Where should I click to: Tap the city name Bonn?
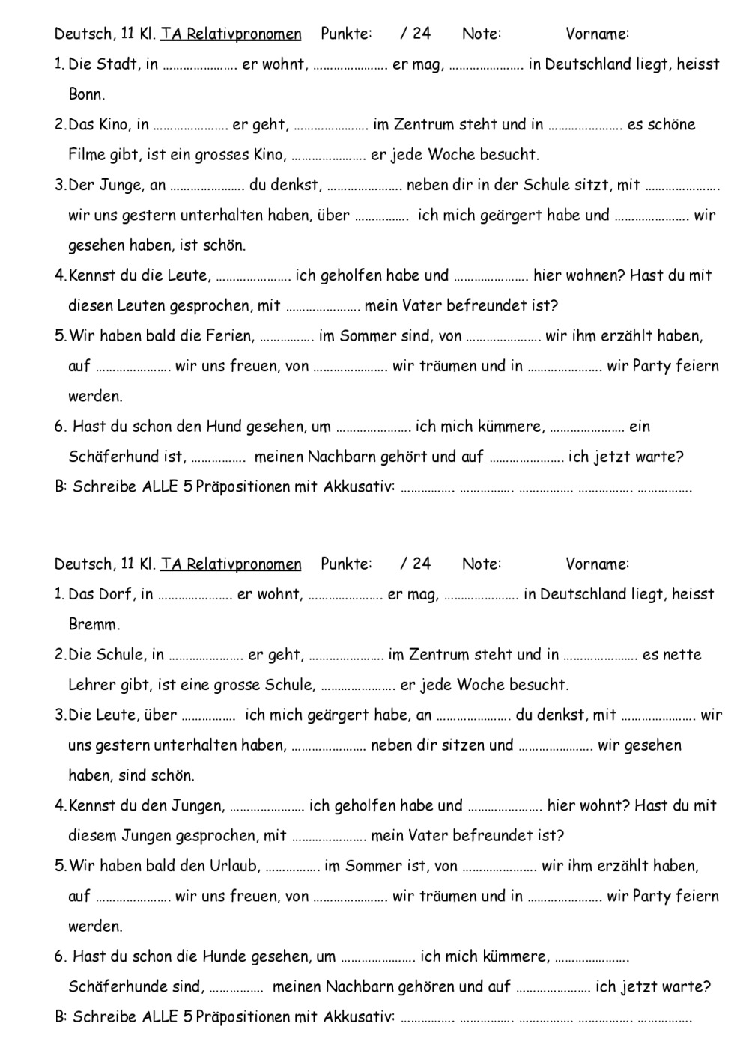pyautogui.click(x=87, y=94)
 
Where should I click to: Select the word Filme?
pyautogui.click(x=88, y=155)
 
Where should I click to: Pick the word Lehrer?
pyautogui.click(x=92, y=685)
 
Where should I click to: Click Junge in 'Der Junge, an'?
pyautogui.click(x=121, y=185)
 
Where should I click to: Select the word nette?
pyautogui.click(x=682, y=655)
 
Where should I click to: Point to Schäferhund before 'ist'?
pyautogui.click(x=115, y=457)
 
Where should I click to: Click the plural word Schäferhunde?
pyautogui.click(x=118, y=986)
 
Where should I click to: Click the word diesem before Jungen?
pyautogui.click(x=92, y=835)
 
